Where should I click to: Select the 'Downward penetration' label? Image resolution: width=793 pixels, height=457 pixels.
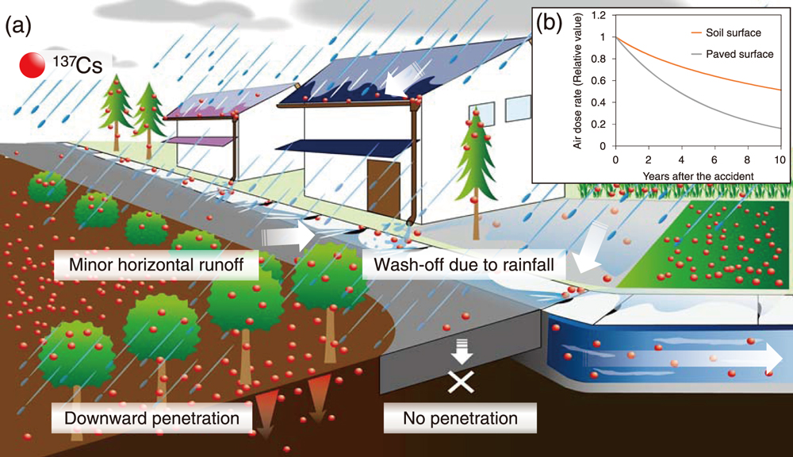pyautogui.click(x=153, y=417)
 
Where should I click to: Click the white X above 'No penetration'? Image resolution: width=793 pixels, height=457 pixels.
pyautogui.click(x=461, y=383)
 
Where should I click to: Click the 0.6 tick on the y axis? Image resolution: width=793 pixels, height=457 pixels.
pyautogui.click(x=602, y=80)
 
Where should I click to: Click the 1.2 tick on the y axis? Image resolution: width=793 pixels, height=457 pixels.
pyautogui.click(x=602, y=15)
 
